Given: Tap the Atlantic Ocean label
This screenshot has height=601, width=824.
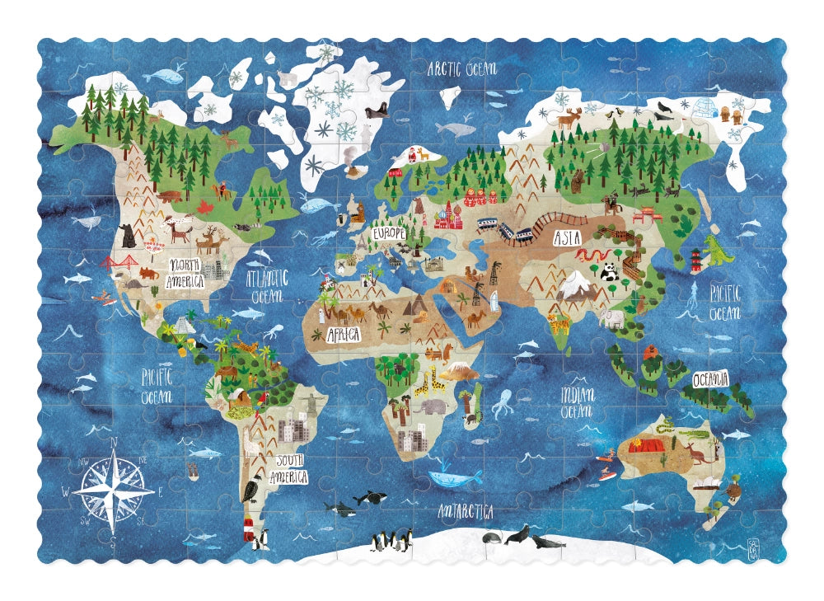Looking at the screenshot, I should coord(266,284).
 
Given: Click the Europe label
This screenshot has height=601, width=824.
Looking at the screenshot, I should coord(389,233).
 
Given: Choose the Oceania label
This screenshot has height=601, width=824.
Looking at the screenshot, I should coord(710,379).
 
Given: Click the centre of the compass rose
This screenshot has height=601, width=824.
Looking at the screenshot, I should coord(113,492).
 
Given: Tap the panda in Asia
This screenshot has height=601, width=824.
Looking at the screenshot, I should coord(609,272).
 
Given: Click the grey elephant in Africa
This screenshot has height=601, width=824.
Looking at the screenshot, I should coord(430,406).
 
